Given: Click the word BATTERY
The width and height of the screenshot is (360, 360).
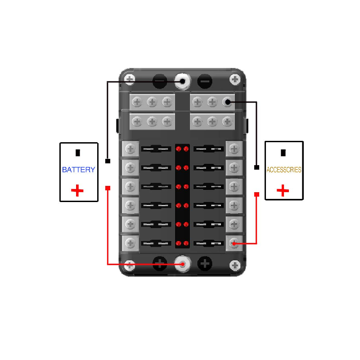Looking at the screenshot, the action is pos(78,170).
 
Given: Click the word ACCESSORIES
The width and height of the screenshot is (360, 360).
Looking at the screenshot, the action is pos(284,170).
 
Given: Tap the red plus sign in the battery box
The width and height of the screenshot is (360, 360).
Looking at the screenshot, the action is pos(77,190).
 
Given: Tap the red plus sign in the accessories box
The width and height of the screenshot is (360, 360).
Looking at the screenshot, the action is pos(283,190).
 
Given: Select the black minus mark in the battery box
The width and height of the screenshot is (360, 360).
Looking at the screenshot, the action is pos(78,153).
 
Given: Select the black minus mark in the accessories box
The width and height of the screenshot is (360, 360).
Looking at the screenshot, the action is pos(283,153).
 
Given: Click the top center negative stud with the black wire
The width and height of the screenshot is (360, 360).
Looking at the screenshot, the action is pos(182,81).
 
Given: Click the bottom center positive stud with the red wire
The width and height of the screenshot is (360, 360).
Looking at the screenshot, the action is pos(183,264).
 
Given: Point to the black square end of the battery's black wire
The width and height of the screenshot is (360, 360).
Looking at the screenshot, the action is pos(108,161).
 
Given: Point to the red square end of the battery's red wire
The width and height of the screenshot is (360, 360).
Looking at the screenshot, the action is pos(108,188).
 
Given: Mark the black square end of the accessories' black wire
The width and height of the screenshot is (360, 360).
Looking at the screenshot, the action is pos(256,167).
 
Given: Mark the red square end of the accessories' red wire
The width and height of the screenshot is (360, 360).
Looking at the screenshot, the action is pos(256,194).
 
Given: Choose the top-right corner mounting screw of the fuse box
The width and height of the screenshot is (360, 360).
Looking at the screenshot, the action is pos(235,80).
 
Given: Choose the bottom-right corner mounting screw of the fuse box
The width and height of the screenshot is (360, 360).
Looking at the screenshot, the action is pos(235,265).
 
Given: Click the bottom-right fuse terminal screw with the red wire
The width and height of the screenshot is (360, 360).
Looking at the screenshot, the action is pos(234,243).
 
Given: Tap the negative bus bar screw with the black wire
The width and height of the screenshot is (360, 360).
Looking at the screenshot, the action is pos(228,102).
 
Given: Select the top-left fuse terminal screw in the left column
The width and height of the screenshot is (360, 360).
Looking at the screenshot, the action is pos(130,149).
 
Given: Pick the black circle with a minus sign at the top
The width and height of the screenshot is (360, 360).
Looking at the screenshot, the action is pos(205,81).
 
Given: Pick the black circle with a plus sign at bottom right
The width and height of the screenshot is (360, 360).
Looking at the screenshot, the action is pos(205,264).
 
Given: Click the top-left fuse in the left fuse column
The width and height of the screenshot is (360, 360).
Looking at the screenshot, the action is pos(156,149).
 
